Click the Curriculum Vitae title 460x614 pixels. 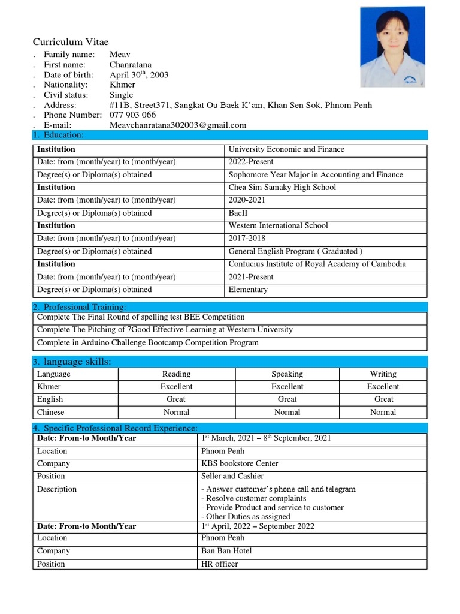coord(71,42)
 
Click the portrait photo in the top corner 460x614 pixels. coord(392,47)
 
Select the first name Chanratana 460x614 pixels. coord(131,64)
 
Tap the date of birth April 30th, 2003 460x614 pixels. coord(139,74)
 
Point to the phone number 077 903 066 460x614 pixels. coord(132,115)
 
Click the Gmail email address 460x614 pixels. coord(178,125)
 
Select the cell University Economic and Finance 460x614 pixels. coord(286,149)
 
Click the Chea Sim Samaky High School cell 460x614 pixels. coord(282,188)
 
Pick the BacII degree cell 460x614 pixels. coord(238,213)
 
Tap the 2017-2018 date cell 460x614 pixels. coord(247,239)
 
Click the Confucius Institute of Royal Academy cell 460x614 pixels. coord(317,264)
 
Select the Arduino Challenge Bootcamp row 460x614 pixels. coord(148,343)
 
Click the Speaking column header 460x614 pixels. coord(287,374)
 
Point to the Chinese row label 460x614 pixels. coord(50,413)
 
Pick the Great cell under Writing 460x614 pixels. coord(383,399)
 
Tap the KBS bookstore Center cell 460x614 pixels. coord(240,463)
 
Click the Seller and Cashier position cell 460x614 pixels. coord(233,476)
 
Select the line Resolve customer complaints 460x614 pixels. coord(256,498)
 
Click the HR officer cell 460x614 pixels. coord(219,564)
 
